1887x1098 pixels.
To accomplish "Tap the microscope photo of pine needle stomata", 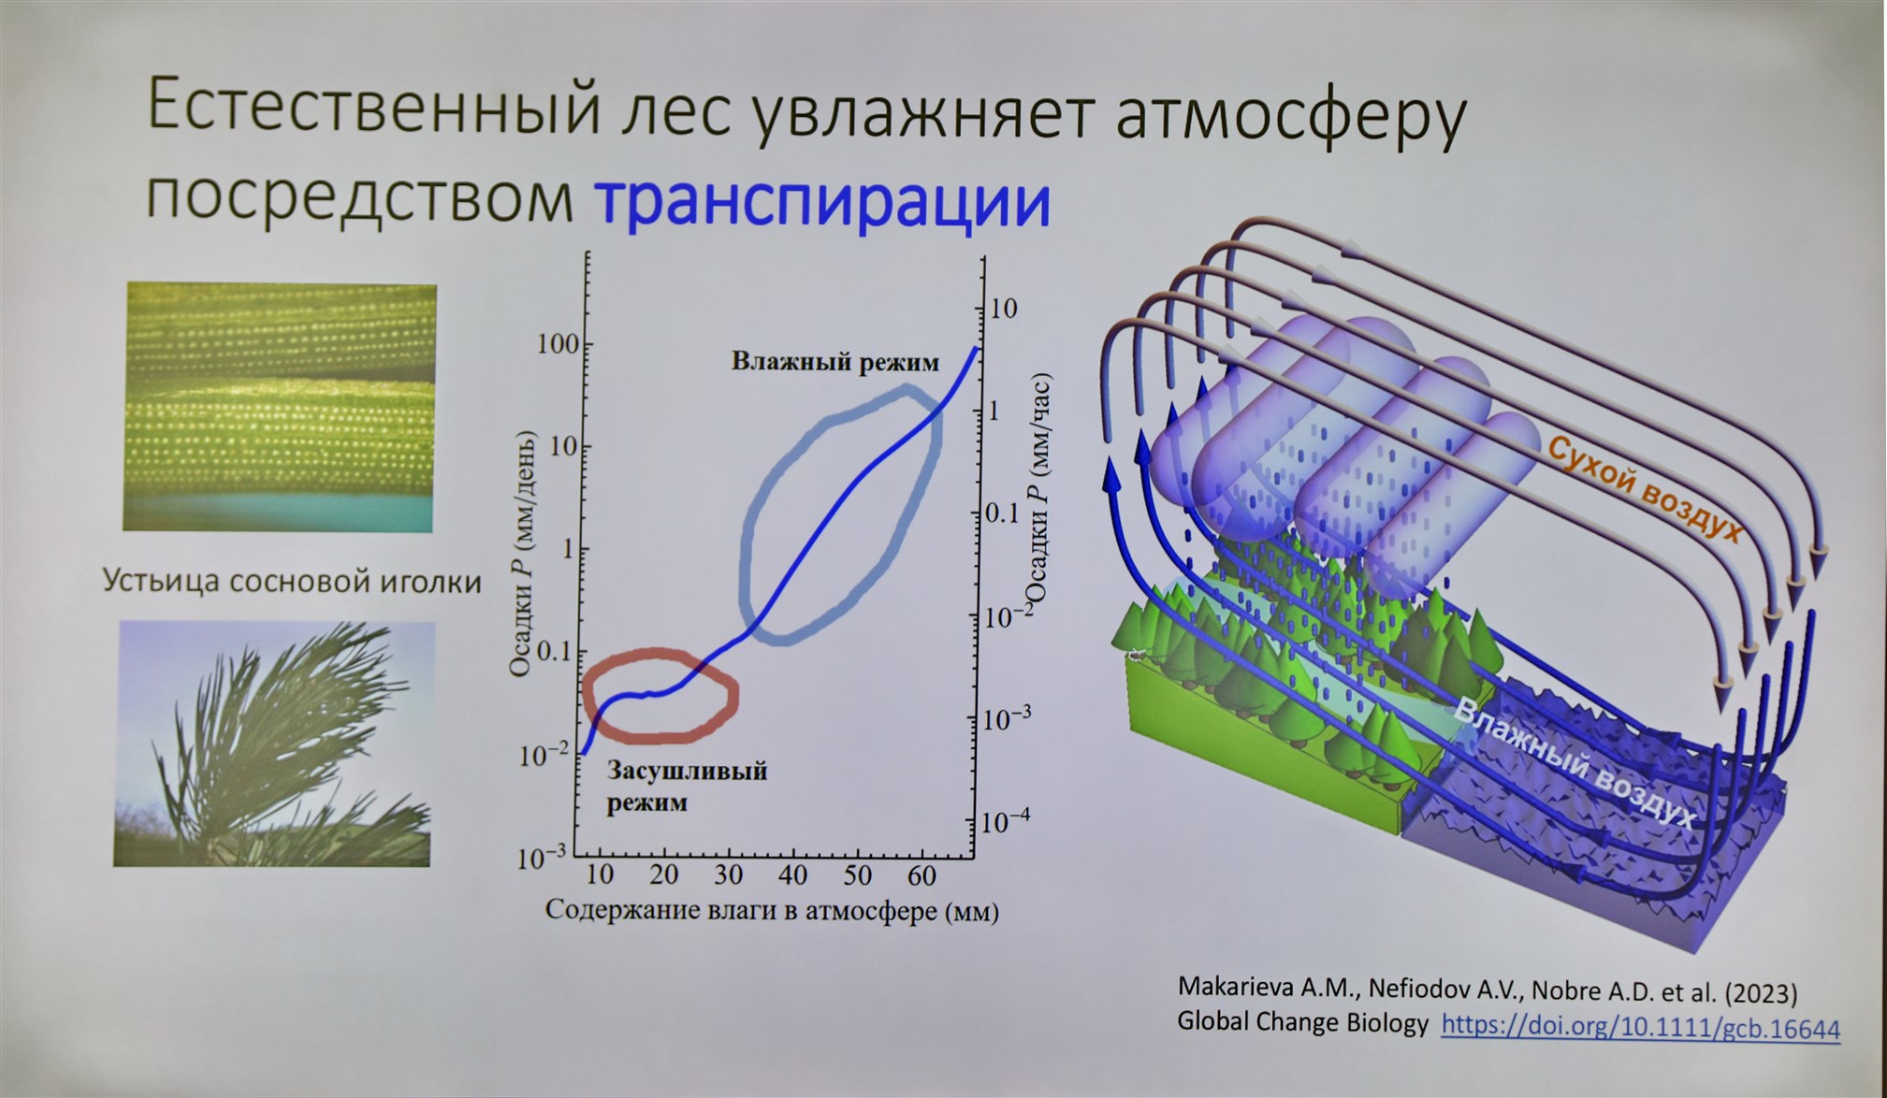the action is click(280, 408).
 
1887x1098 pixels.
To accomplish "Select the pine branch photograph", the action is click(273, 744).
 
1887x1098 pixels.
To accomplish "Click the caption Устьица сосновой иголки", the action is click(291, 581).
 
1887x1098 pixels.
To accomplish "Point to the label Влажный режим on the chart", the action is click(835, 362).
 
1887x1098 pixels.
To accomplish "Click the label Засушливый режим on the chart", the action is click(687, 786).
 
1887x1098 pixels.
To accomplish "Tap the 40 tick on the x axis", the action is click(792, 875).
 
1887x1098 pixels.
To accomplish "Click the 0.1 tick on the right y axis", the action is click(1001, 513).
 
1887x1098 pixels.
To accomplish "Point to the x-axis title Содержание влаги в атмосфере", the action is click(742, 910).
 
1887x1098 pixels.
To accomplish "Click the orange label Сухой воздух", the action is click(1644, 490).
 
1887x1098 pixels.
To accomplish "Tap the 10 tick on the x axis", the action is click(600, 875).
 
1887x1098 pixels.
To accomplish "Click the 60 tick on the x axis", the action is click(922, 875).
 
